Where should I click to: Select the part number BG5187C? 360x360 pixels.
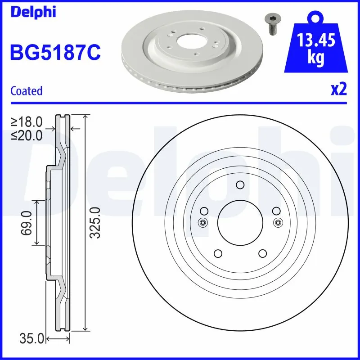[55, 52]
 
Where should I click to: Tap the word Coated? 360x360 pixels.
[26, 91]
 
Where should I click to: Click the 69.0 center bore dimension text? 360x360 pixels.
[27, 223]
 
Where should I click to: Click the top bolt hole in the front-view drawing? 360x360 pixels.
[240, 184]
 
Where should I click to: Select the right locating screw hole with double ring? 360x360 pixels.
[278, 222]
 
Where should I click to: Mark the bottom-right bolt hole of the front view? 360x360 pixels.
[263, 253]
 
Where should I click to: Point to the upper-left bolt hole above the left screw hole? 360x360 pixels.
[204, 211]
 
